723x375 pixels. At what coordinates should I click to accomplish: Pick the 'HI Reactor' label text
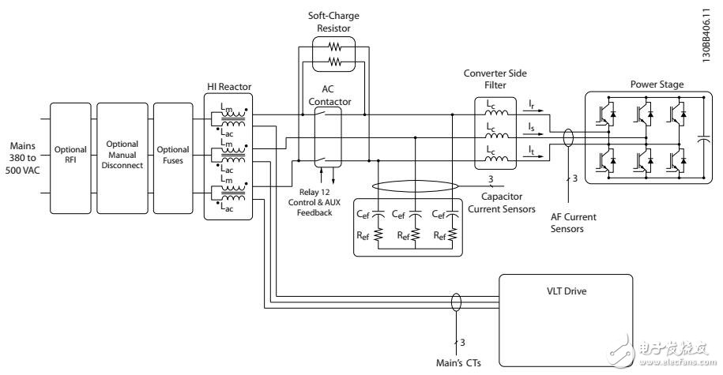tap(226, 86)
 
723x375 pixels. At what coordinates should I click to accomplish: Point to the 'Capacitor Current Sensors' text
tap(503, 204)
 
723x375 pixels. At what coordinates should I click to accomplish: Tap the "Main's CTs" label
tap(456, 362)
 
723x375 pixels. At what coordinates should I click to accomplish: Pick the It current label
tap(531, 147)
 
